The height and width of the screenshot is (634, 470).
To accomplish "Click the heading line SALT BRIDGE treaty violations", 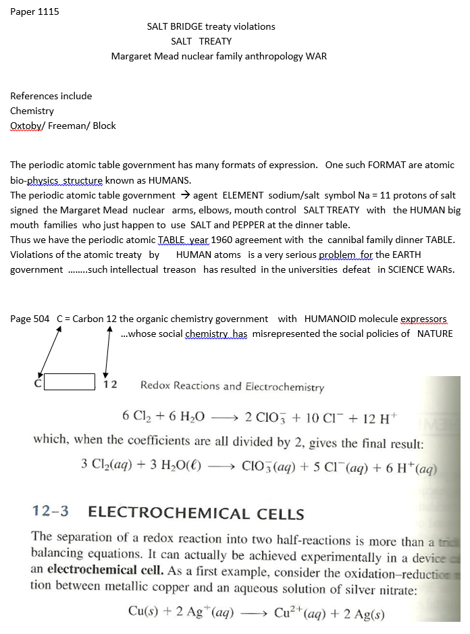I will click(x=211, y=26).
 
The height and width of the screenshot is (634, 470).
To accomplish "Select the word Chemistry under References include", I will click(x=32, y=111).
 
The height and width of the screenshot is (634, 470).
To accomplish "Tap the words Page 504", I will click(x=30, y=319).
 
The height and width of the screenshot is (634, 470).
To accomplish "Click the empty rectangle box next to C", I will click(x=69, y=382).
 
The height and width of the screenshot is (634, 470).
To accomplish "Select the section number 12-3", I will click(x=51, y=511).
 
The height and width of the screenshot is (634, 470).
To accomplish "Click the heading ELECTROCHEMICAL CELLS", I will click(x=197, y=512).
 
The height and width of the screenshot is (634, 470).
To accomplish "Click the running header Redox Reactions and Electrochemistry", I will click(x=232, y=387).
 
